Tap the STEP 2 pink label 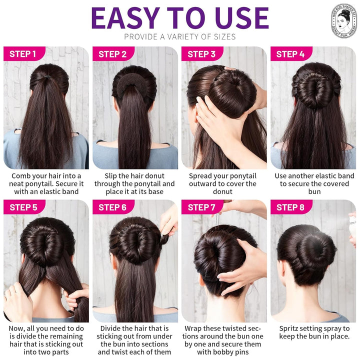point(112,54)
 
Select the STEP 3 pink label point(201,54)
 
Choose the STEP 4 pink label point(290,54)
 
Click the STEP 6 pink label point(112,207)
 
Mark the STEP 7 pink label point(201,207)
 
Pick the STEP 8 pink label point(290,207)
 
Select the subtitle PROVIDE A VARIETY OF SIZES point(179,36)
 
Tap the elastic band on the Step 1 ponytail point(46,78)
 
